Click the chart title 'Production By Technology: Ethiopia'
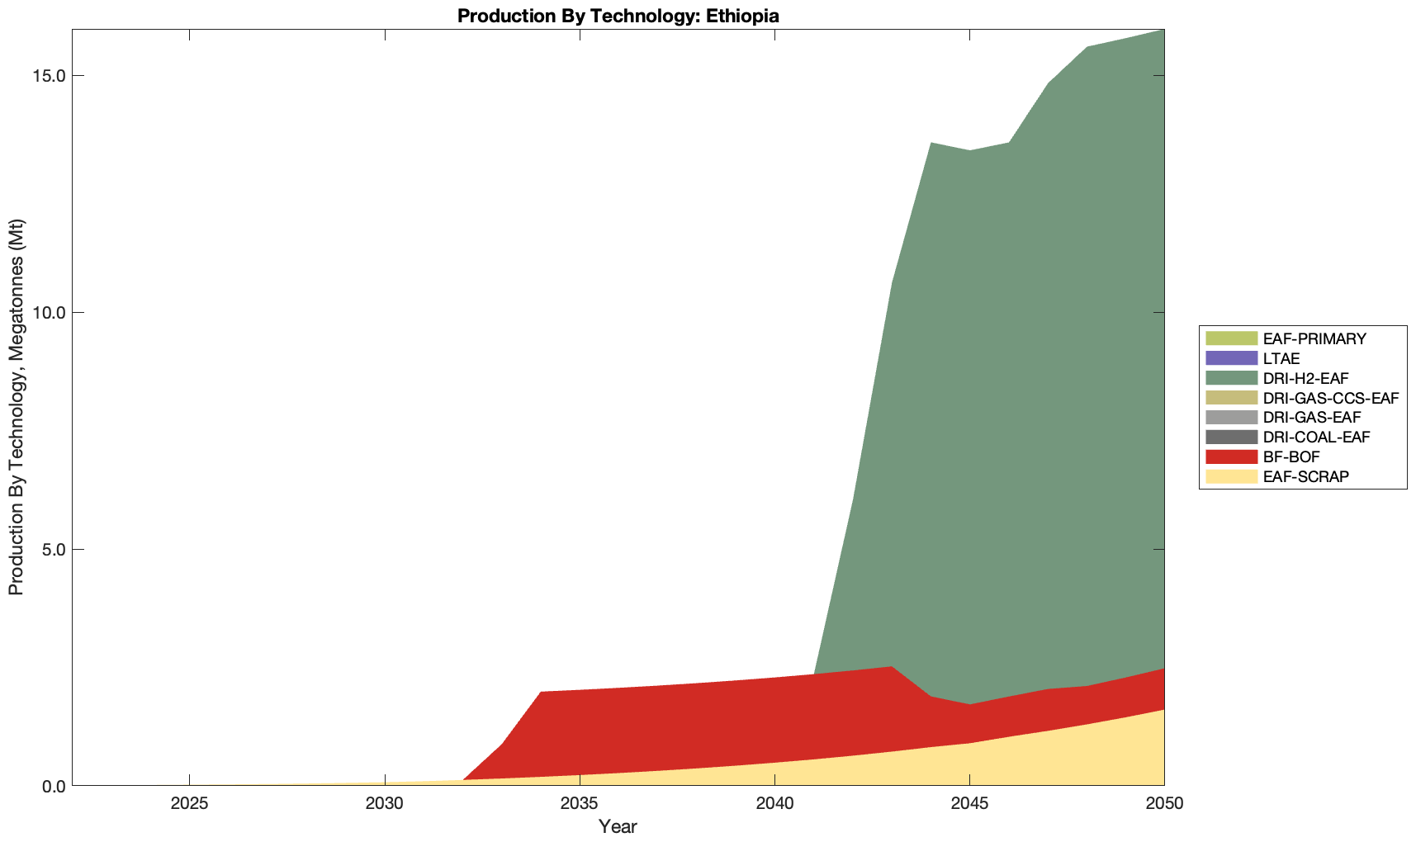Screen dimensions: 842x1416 [x=618, y=16]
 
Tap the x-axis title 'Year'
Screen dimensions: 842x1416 [x=618, y=826]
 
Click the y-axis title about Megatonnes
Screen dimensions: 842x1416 [x=16, y=407]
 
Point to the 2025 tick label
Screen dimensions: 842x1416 [x=189, y=804]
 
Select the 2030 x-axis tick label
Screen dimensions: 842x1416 [x=384, y=804]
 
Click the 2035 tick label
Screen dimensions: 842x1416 [x=579, y=804]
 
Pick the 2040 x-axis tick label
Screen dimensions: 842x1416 [x=774, y=804]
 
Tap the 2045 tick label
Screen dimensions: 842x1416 [x=969, y=804]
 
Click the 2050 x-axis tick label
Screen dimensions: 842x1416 [x=1164, y=804]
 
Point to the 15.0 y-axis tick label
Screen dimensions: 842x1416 [x=49, y=76]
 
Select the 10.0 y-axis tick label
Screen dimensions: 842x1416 [x=49, y=313]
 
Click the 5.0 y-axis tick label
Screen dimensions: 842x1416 [x=53, y=549]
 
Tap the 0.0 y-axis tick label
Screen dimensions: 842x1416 [x=53, y=786]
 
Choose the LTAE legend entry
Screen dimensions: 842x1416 [x=1281, y=359]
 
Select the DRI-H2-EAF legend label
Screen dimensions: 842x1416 [x=1305, y=378]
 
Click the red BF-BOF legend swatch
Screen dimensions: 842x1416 [x=1231, y=456]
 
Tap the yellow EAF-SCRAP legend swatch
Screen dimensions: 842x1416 [x=1231, y=476]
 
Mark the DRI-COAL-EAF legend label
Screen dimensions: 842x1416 [x=1316, y=437]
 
